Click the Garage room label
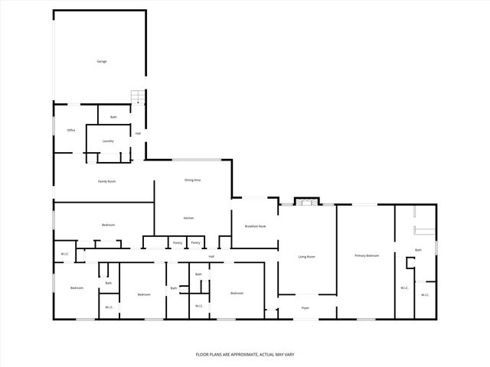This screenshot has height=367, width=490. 101,61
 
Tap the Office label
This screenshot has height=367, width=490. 70,130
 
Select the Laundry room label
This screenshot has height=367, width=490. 108,141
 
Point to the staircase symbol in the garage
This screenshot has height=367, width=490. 138,96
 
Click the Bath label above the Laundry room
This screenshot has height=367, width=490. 113,117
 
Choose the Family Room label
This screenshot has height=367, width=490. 106,181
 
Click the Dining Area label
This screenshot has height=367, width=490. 192,180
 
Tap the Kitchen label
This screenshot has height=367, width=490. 188,219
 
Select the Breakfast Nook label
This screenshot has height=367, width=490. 256,226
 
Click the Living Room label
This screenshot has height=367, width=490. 306,257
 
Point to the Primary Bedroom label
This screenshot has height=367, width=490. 366,255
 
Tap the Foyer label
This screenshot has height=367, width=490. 305,309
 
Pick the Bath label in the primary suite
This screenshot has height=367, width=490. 418,250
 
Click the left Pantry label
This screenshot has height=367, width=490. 177,242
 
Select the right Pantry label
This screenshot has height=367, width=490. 196,242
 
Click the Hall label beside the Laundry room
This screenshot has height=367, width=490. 138,134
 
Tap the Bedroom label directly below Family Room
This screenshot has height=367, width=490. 108,225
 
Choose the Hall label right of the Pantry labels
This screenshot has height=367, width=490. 211,256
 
